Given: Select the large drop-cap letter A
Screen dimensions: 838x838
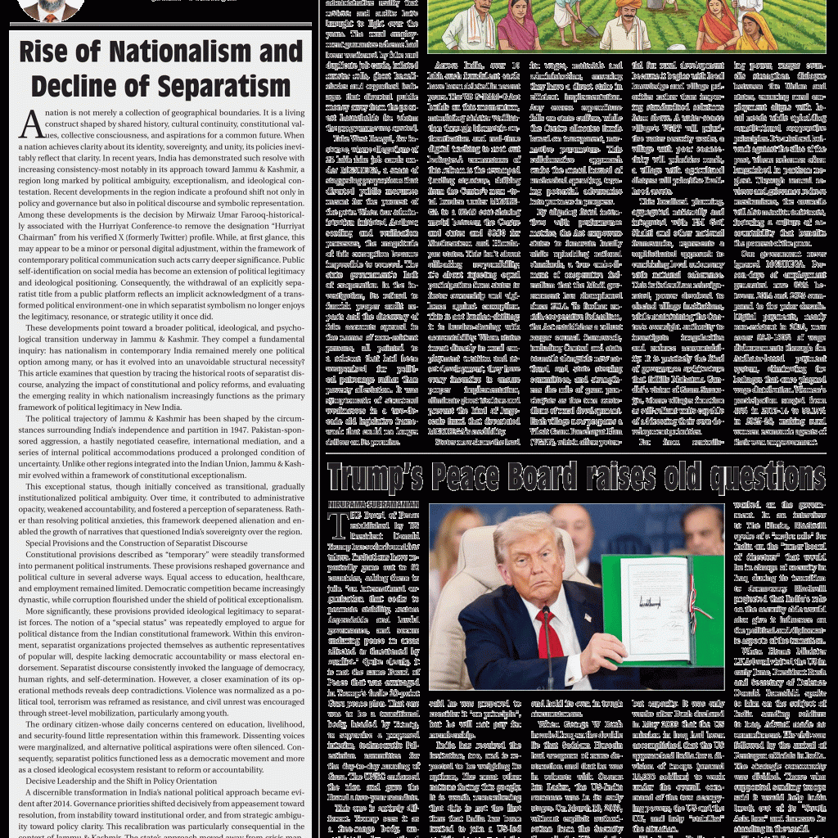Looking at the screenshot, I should (x=31, y=124).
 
